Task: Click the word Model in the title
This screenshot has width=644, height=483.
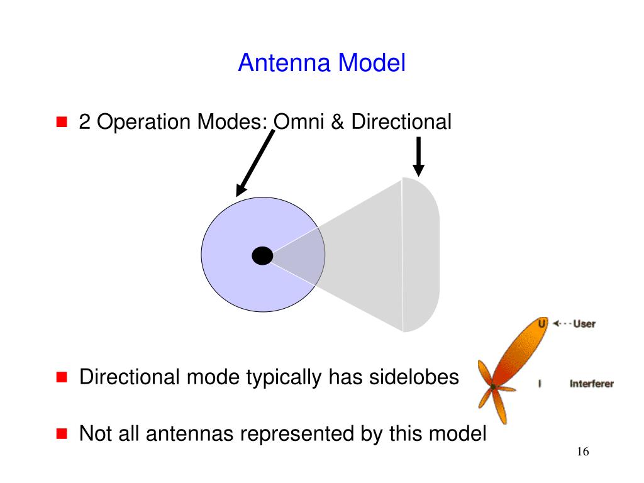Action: point(372,63)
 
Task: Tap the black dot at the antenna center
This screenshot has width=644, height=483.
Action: point(262,256)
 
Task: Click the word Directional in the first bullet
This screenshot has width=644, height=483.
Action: point(401,121)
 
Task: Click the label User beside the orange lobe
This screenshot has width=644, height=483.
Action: point(584,324)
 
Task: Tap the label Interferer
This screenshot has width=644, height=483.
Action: point(591,384)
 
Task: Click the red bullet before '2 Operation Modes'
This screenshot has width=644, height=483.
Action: point(62,121)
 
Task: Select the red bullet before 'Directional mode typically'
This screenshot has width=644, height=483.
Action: point(62,377)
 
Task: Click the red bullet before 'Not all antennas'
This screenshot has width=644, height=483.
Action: point(62,433)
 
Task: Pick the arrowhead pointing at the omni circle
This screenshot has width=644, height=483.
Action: point(241,190)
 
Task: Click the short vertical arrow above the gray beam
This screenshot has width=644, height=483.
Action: point(418,157)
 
